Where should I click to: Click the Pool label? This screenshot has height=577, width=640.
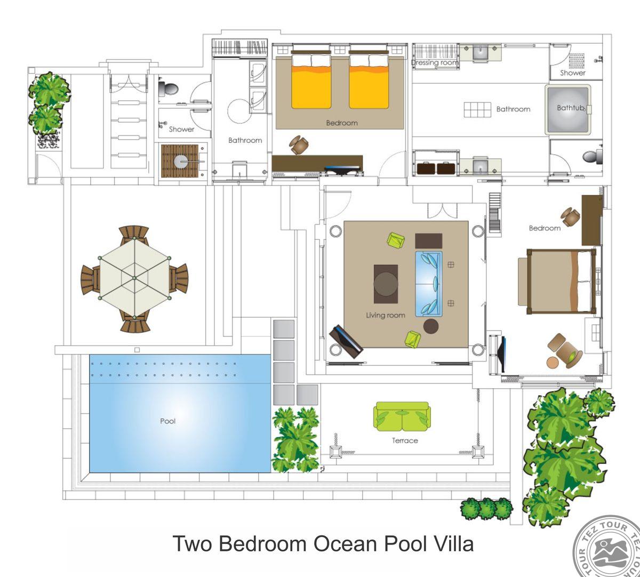(168, 421)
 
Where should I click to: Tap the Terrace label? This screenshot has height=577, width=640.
(405, 440)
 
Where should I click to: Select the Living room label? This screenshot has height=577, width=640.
(386, 315)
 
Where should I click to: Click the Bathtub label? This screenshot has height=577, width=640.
(571, 108)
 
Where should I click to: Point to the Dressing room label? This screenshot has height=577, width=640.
(435, 62)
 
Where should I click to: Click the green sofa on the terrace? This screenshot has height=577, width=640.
(402, 416)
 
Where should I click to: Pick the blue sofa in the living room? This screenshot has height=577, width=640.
(428, 284)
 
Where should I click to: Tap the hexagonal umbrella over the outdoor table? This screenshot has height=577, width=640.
(134, 278)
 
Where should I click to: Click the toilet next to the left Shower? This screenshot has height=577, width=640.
(169, 89)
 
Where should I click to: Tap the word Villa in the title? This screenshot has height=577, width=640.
(454, 544)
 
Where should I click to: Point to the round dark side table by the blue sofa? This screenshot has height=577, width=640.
(431, 326)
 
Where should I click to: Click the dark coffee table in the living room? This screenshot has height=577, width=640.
(386, 284)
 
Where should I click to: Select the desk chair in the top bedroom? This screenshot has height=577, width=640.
(299, 145)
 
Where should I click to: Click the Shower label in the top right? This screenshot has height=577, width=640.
(573, 73)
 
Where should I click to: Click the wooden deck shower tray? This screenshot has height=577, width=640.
(180, 161)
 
